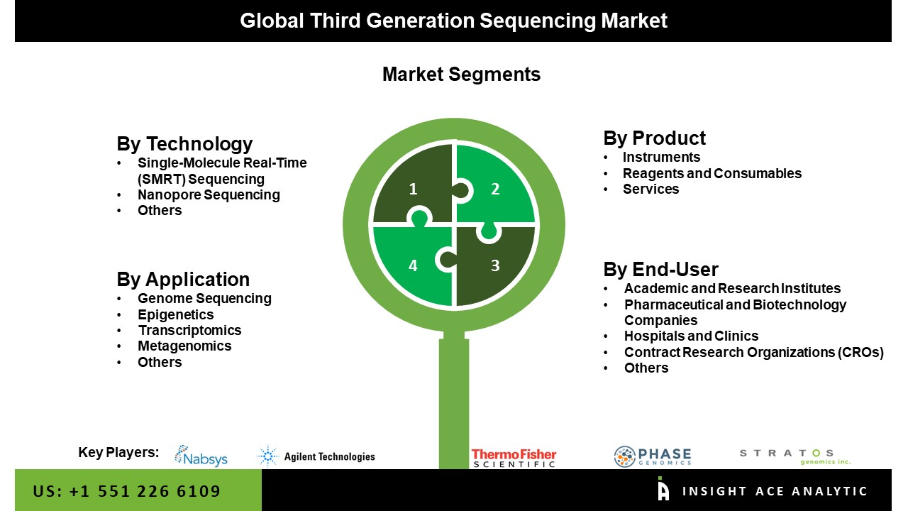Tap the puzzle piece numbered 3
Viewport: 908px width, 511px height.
[x=495, y=265]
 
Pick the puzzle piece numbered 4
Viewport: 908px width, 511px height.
[x=414, y=265]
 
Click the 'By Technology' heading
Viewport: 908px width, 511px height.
[x=184, y=144]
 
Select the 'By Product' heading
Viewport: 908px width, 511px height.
[x=654, y=138]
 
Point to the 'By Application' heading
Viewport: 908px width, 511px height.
[x=183, y=280]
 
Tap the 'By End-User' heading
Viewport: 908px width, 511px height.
[x=660, y=269]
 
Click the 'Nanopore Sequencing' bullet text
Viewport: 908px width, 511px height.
[x=209, y=194]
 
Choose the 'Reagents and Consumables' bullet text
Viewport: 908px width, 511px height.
[x=712, y=173]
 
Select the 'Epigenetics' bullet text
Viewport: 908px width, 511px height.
[x=175, y=314]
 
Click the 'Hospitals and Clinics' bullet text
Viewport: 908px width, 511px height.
[x=691, y=336]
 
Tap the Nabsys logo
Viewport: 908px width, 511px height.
[x=201, y=456]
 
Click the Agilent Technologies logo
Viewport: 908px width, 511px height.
[x=316, y=456]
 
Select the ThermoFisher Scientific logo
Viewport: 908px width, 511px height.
[x=514, y=458]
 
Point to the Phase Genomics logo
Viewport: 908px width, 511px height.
[x=653, y=456]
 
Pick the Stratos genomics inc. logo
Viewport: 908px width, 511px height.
[x=795, y=456]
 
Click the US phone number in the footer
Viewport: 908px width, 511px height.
[x=126, y=491]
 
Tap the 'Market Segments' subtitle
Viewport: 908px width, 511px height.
[x=461, y=75]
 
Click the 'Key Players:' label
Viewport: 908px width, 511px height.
[x=118, y=452]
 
